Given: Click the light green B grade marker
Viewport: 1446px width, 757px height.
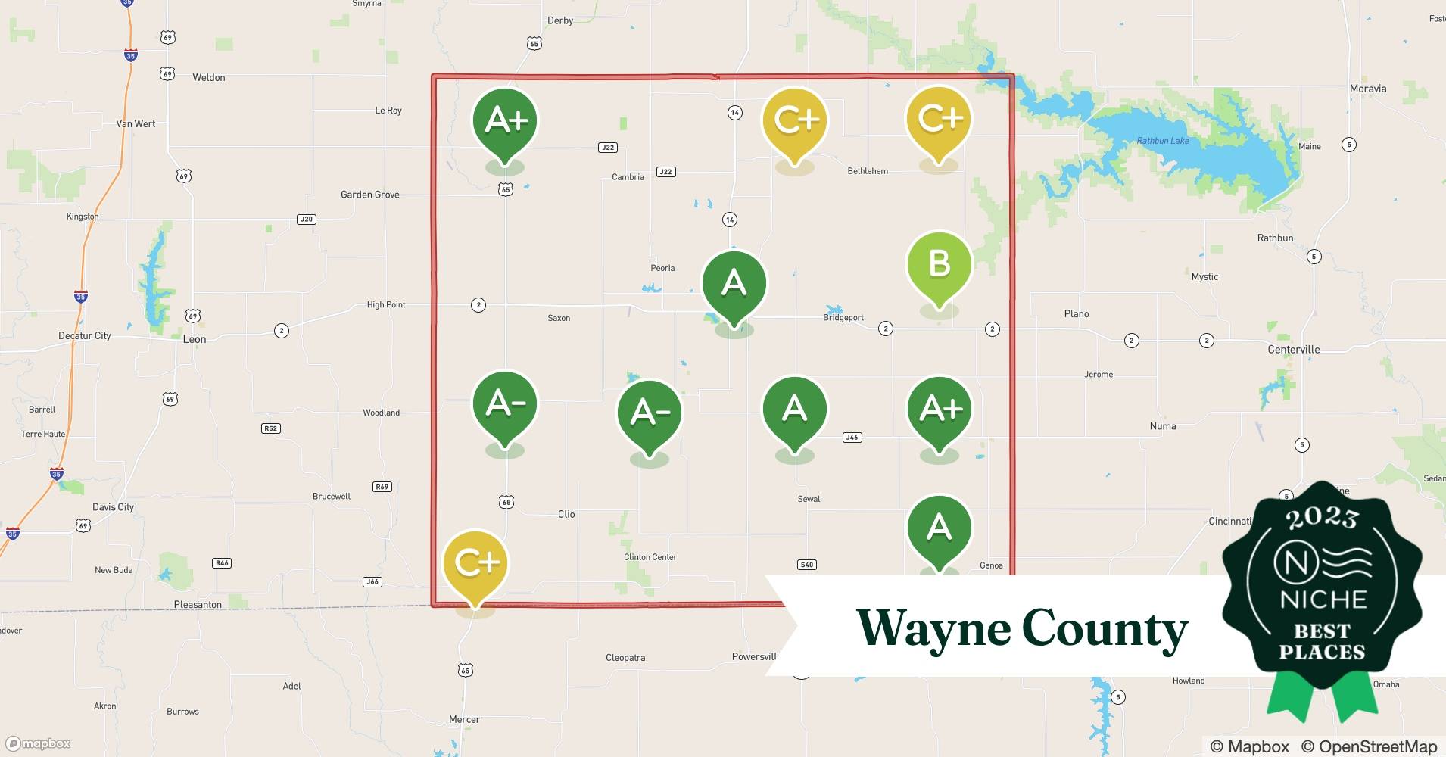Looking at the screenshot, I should pyautogui.click(x=939, y=264).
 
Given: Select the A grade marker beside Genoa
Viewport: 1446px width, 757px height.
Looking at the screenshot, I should pyautogui.click(x=939, y=527).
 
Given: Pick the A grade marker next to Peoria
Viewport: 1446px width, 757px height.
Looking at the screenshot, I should pyautogui.click(x=734, y=283).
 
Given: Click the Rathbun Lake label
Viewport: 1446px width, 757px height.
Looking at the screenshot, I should pyautogui.click(x=1163, y=141).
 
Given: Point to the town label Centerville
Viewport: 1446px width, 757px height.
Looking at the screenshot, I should pyautogui.click(x=1293, y=350).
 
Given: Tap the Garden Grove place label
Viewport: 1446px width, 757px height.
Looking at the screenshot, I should pyautogui.click(x=369, y=195).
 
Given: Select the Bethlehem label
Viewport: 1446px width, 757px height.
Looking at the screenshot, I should pyautogui.click(x=868, y=171).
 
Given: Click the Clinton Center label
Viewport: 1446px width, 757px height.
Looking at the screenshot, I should pyautogui.click(x=650, y=557).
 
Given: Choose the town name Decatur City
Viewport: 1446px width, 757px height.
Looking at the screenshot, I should pyautogui.click(x=84, y=335).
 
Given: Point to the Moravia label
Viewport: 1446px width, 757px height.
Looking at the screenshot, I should pyautogui.click(x=1368, y=89).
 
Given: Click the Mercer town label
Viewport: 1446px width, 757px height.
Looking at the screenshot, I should pyautogui.click(x=464, y=720).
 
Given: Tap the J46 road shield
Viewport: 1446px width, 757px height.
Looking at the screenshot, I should pyautogui.click(x=852, y=438).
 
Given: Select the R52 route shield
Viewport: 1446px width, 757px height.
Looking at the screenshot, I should pyautogui.click(x=270, y=428).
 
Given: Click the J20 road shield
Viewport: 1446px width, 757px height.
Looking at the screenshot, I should pyautogui.click(x=306, y=220).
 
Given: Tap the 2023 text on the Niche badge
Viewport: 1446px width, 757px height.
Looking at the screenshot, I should pyautogui.click(x=1322, y=518).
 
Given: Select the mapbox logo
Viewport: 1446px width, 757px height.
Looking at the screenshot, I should pyautogui.click(x=39, y=743).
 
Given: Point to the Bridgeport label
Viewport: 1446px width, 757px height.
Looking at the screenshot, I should pyautogui.click(x=843, y=318).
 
